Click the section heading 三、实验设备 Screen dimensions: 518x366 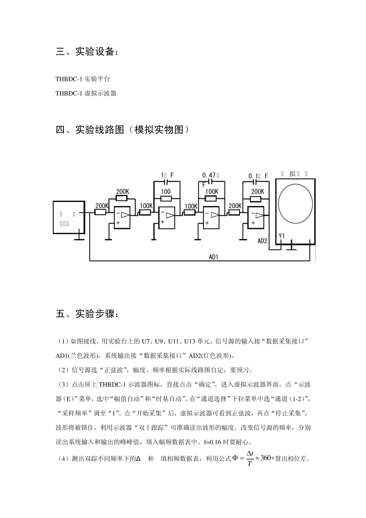(x=87, y=52)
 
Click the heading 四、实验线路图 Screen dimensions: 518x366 (x=123, y=129)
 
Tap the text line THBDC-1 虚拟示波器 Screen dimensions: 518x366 (x=86, y=93)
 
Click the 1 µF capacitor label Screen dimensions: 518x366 (x=167, y=175)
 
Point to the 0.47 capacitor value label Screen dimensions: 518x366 (x=210, y=175)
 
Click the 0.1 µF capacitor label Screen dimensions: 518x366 (x=258, y=176)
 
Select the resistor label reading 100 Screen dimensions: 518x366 (x=166, y=192)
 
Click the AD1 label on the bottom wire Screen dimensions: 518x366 (x=213, y=257)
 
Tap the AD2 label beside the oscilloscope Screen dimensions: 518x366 (x=262, y=241)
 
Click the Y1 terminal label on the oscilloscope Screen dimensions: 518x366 (x=282, y=235)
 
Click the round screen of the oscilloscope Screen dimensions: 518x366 (x=295, y=204)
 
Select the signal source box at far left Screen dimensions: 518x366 (x=69, y=217)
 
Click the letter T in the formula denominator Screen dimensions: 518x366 (x=249, y=464)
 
